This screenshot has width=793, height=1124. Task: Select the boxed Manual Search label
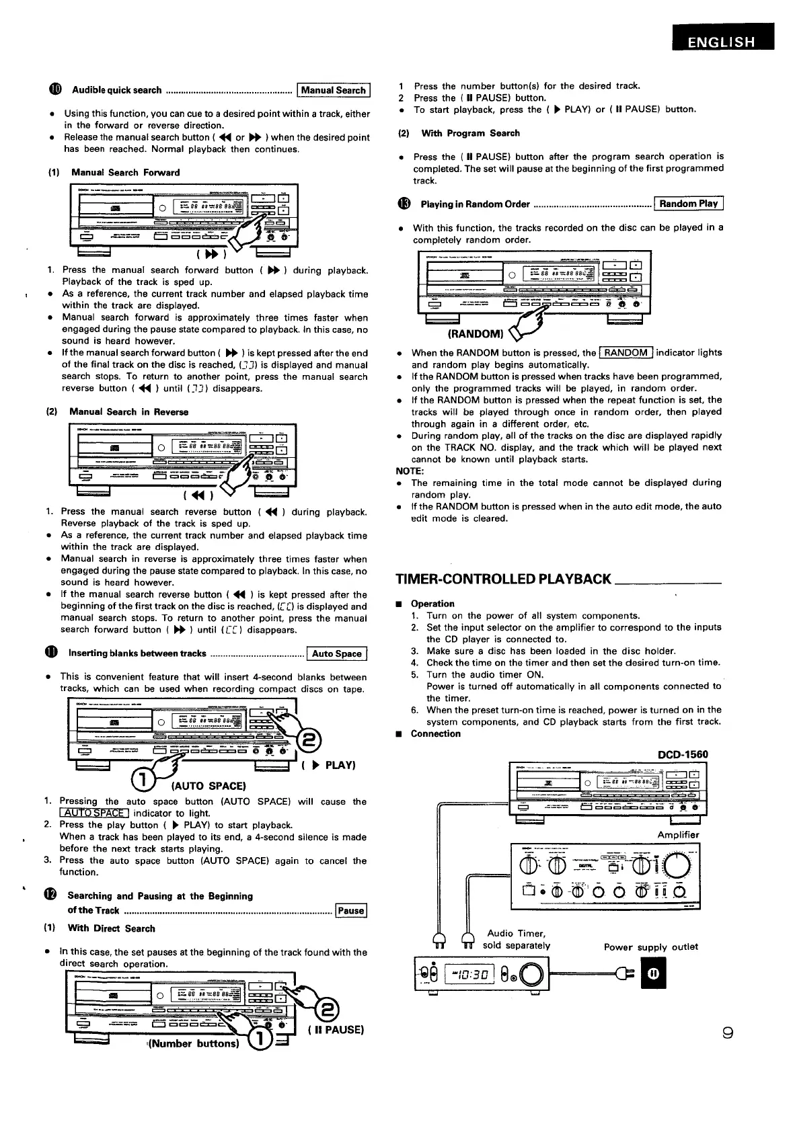coord(334,90)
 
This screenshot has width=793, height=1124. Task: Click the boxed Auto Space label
coord(337,653)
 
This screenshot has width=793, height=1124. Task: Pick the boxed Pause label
coord(351,911)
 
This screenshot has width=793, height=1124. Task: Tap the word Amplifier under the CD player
coord(678,835)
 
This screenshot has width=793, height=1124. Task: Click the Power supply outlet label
coord(650,947)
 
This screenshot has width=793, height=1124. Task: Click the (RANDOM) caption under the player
coord(476,333)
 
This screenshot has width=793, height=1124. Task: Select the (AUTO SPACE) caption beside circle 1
coord(209,785)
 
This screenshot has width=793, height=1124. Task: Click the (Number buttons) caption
coord(194,1044)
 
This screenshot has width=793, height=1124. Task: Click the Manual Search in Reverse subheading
coord(128,411)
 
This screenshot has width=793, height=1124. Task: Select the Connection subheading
coord(435,733)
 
